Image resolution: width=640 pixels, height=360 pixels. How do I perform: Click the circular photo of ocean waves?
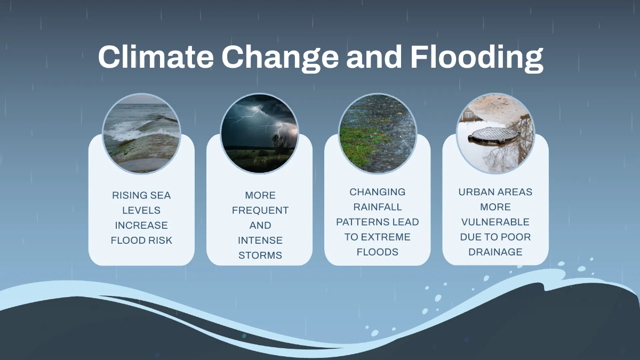point(141,133)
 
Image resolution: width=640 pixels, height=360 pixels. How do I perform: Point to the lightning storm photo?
point(260,133)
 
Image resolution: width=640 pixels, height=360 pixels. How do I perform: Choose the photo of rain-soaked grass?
point(378,133)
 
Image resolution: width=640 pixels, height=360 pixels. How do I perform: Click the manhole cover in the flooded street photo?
point(493,134)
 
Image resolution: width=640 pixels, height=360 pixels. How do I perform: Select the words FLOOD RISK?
point(141,240)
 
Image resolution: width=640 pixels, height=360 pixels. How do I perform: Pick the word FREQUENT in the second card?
point(260,210)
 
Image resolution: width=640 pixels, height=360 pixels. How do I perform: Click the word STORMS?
point(260,255)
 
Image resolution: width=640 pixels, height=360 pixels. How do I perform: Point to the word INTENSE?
point(260,240)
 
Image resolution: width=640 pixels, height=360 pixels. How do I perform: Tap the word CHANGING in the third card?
point(378,191)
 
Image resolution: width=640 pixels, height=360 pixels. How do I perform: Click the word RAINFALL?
point(378,206)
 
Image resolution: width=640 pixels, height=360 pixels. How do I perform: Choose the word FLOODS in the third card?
point(378,251)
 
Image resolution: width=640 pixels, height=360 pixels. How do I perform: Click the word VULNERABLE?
point(495,221)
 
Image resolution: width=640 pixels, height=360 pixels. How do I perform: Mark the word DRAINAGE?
point(495,251)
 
